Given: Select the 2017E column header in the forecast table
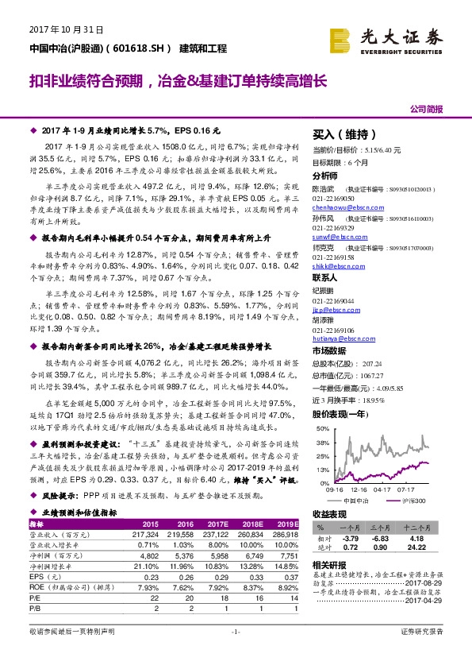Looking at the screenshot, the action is [x=216, y=524].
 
